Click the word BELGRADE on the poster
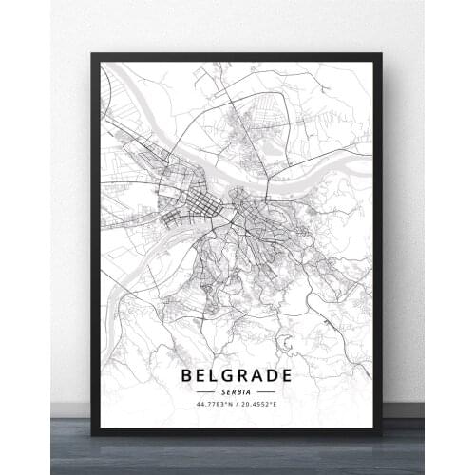(x=237, y=374)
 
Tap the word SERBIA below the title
(x=237, y=390)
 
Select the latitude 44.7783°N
(x=215, y=404)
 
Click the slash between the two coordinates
(x=237, y=404)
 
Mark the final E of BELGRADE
(x=287, y=374)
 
